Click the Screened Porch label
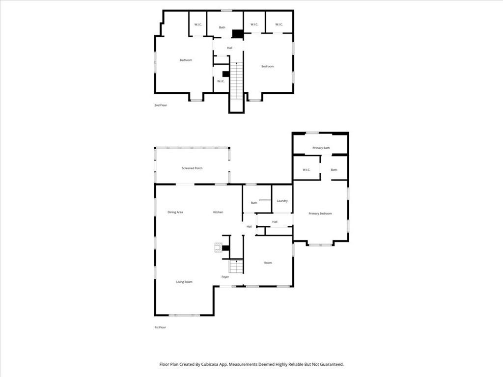[x=192, y=168]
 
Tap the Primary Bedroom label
[x=320, y=214]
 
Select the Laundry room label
[x=282, y=201]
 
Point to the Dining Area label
[x=175, y=212]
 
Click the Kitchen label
[x=218, y=212]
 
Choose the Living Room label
[x=184, y=282]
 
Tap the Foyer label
[x=225, y=277]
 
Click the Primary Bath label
[x=321, y=148]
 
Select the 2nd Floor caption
[x=161, y=105]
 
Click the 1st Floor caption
[x=160, y=327]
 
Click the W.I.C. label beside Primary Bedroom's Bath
[x=306, y=170]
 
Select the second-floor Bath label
[x=222, y=27]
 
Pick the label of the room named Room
[x=268, y=263]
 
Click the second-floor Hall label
[x=229, y=48]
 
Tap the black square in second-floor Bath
[x=238, y=34]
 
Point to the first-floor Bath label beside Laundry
[x=254, y=203]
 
